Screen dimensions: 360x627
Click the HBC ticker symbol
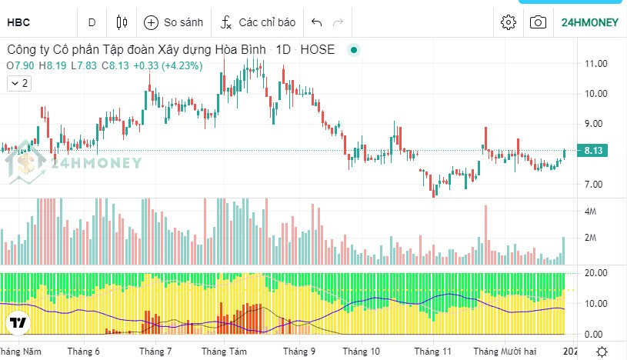click(x=18, y=22)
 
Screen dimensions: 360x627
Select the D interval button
click(x=92, y=22)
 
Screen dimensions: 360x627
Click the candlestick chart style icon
click(x=122, y=22)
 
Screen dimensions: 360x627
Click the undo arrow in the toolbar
click(x=316, y=22)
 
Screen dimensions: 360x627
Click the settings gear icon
click(x=508, y=22)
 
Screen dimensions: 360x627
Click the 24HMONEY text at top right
click(x=590, y=22)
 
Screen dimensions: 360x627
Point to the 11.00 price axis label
click(x=596, y=63)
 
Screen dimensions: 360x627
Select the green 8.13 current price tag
click(x=593, y=151)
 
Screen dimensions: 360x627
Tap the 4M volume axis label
click(x=592, y=212)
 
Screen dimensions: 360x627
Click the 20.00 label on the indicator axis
click(x=596, y=273)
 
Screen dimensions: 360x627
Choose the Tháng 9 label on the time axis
click(x=299, y=351)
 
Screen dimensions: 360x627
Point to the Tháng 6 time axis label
click(x=84, y=351)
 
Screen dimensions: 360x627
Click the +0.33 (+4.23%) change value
click(x=168, y=65)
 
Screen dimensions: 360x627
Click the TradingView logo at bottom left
click(x=17, y=322)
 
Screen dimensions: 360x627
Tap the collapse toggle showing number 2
click(x=19, y=83)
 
